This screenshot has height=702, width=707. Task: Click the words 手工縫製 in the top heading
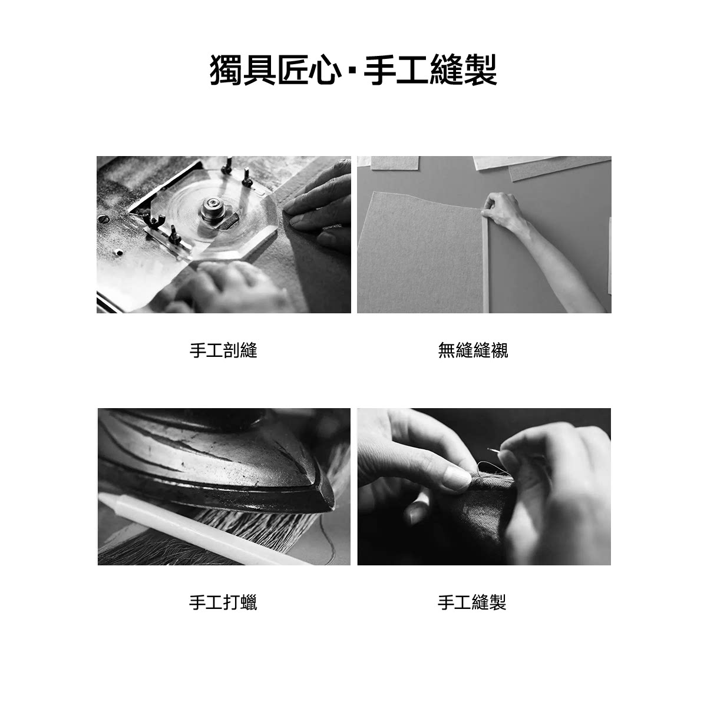430,69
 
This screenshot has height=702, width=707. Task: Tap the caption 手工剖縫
223,350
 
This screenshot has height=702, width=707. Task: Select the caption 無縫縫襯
473,350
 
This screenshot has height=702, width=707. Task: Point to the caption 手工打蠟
223,602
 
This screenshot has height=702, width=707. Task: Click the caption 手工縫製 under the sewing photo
472,602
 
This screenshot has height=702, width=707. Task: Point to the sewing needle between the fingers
494,450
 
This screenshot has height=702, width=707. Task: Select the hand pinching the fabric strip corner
499,210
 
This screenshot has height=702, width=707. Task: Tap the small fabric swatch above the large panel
394,163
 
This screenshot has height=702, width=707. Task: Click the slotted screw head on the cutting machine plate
104,220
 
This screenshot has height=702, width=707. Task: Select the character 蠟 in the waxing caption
249,602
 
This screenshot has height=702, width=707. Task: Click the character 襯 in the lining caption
499,350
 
